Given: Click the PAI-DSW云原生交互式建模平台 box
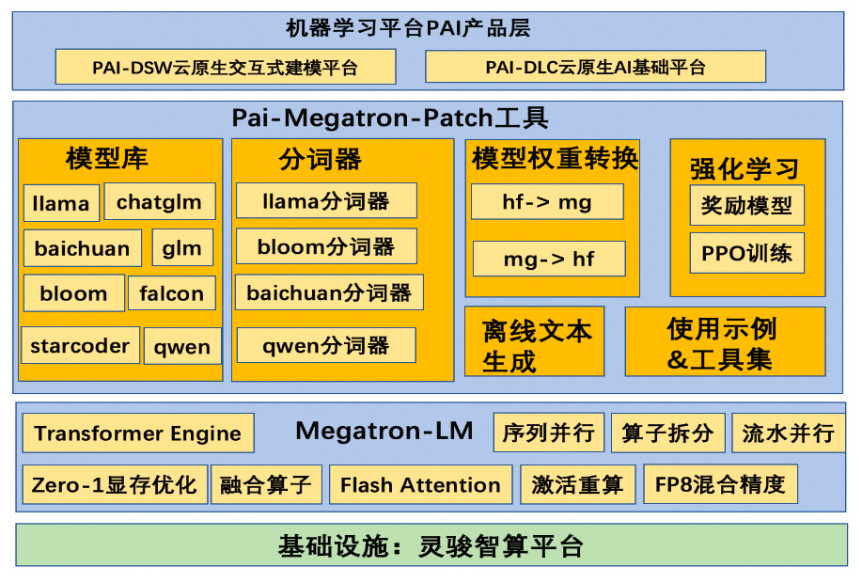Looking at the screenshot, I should coord(225,67).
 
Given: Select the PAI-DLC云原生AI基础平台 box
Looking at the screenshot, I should coord(595,67).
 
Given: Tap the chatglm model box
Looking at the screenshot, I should coord(159,201).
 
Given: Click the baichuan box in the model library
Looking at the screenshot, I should coord(82,248).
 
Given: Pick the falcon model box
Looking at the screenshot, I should coord(171,293).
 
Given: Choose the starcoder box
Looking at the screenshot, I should coord(80,345).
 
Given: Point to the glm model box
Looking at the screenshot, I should coord(182,248).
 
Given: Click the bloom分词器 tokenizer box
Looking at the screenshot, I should coord(325,246).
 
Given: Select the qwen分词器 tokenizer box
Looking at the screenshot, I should coord(325,345).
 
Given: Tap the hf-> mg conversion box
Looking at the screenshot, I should coord(547,201).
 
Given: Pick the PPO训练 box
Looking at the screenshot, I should coord(746,253).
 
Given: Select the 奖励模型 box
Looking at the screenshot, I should coord(746,205).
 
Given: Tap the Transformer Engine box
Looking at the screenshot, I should coord(137,433).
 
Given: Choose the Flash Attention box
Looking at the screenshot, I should coord(420,485).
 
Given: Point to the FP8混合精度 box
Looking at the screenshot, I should coord(720,484).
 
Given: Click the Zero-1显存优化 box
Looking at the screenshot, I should coord(114,484).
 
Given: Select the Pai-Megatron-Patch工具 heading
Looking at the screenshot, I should coord(390,118).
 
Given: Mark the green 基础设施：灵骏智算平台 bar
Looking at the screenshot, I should coord(431,545).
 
